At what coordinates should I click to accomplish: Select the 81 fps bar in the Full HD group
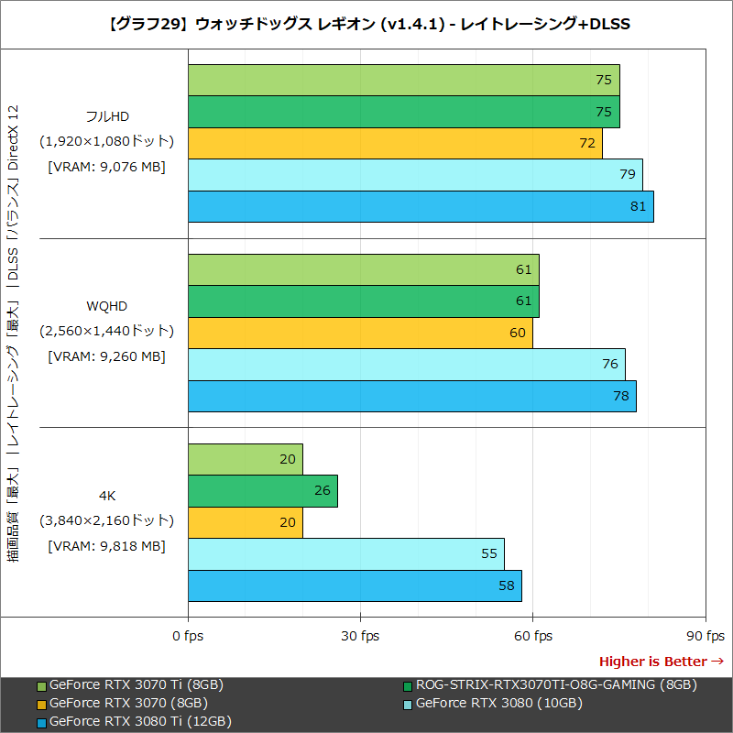[421, 206]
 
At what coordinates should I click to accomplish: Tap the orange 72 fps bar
[395, 143]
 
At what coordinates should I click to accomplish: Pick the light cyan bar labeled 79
[415, 174]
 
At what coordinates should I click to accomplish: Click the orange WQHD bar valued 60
[360, 333]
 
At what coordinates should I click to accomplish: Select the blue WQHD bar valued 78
[411, 396]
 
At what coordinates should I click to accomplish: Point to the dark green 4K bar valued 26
[263, 490]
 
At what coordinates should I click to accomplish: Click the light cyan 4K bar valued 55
[345, 554]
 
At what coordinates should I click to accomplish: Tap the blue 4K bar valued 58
[355, 585]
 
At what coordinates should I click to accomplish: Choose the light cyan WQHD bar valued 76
[406, 364]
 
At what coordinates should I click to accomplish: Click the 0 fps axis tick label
[188, 636]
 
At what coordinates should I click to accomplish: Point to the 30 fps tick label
[361, 636]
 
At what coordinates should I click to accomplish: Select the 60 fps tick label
[533, 636]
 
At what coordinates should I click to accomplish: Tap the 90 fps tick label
[706, 636]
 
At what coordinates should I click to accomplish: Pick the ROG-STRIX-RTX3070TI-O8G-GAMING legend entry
[550, 684]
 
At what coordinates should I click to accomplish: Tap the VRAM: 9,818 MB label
[106, 546]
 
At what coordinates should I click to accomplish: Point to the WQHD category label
[106, 305]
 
